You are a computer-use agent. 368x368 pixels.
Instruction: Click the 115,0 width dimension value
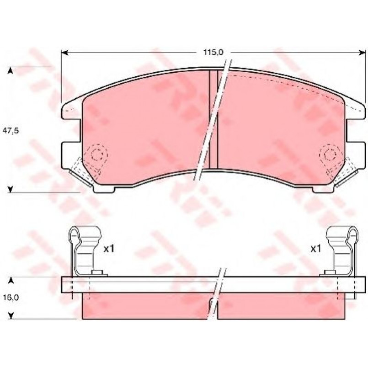[x=213, y=53]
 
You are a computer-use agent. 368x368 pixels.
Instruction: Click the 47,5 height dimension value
[x=11, y=131]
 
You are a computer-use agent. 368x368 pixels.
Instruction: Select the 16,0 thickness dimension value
[x=11, y=297]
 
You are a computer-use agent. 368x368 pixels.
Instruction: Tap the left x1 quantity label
[x=109, y=249]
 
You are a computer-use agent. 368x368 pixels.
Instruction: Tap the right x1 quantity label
[x=316, y=249]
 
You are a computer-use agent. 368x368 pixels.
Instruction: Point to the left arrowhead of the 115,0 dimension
[x=65, y=53]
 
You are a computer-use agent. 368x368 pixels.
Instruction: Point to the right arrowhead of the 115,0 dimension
[x=362, y=53]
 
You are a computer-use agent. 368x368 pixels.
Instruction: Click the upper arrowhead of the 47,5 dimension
[x=10, y=71]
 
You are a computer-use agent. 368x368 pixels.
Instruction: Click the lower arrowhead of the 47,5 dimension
[x=10, y=189]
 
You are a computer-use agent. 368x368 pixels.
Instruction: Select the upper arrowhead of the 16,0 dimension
[x=11, y=281]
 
